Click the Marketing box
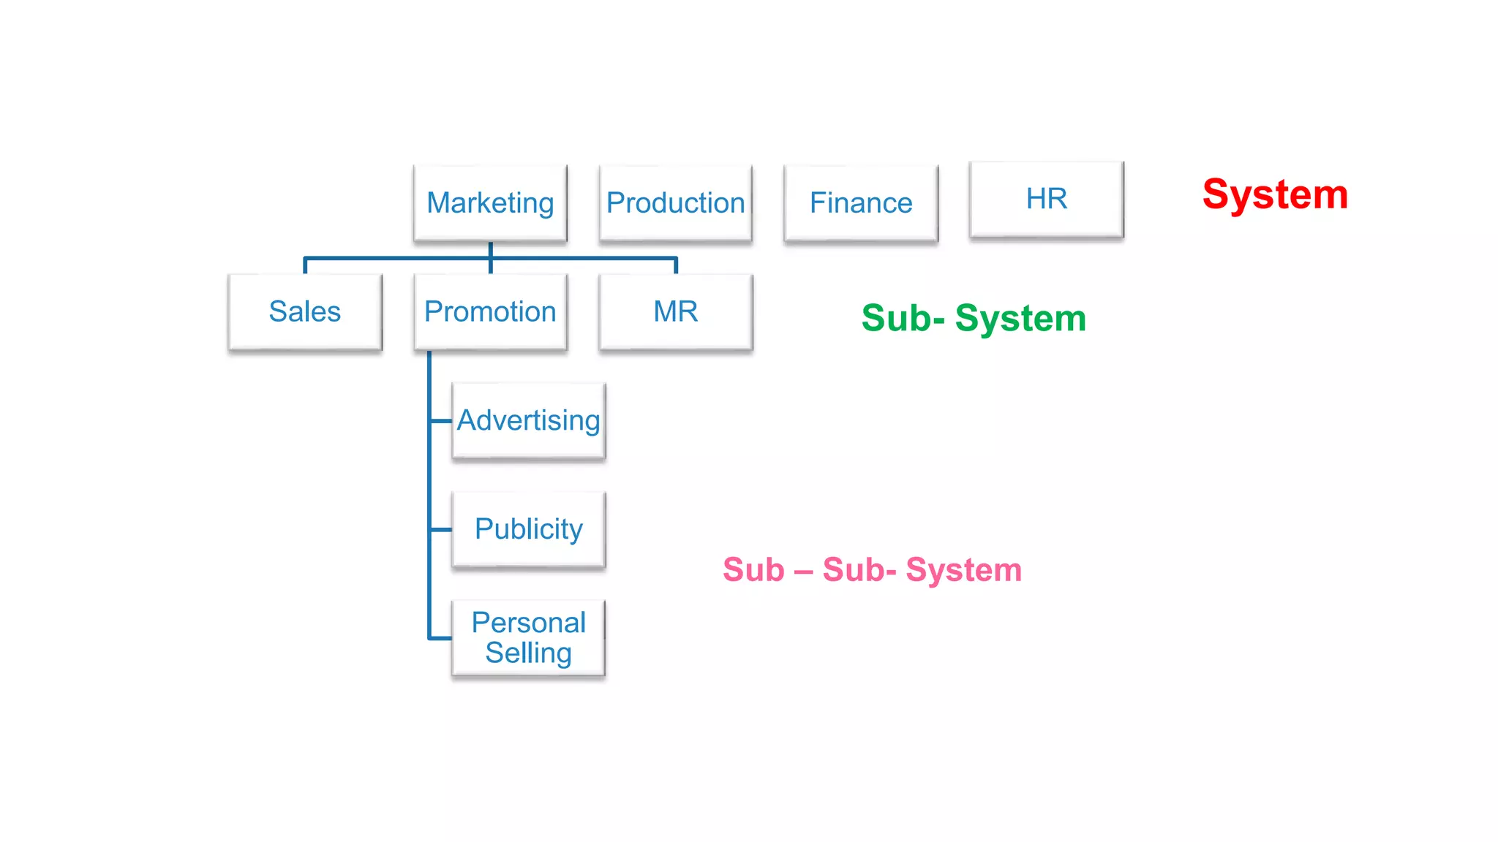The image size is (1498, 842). (x=490, y=202)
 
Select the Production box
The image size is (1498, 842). (x=675, y=202)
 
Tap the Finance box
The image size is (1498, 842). (x=860, y=202)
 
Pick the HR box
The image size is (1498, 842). (x=1046, y=199)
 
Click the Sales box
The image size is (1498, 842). (x=304, y=311)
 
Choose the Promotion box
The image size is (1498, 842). (x=490, y=311)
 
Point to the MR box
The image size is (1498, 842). (x=675, y=311)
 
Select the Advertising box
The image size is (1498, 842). (x=528, y=420)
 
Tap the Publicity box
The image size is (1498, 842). (x=528, y=529)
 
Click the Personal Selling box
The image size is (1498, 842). (x=528, y=637)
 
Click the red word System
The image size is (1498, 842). (x=1275, y=194)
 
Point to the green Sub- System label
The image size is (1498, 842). (x=974, y=318)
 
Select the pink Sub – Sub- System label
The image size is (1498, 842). (x=872, y=570)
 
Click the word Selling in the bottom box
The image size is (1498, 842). (x=528, y=653)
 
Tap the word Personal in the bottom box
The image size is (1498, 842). (x=528, y=623)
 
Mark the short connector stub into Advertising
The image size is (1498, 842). (x=441, y=421)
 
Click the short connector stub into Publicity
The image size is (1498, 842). (x=441, y=529)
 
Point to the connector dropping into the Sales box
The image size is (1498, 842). (x=305, y=266)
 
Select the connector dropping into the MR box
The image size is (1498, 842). (x=676, y=266)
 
